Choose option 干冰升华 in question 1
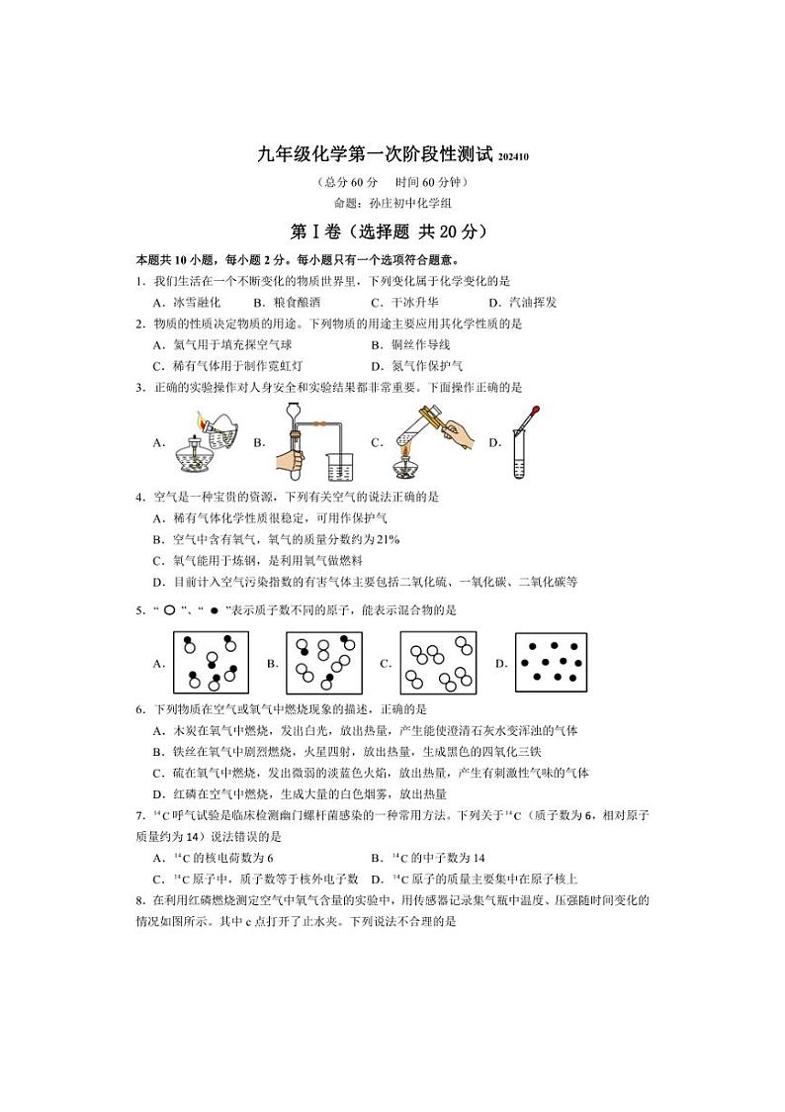(x=413, y=303)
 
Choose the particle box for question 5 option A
(x=211, y=663)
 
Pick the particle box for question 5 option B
(x=323, y=663)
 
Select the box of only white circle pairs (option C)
(x=438, y=663)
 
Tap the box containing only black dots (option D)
(x=551, y=663)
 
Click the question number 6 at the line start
(x=139, y=709)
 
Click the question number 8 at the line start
(x=139, y=900)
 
